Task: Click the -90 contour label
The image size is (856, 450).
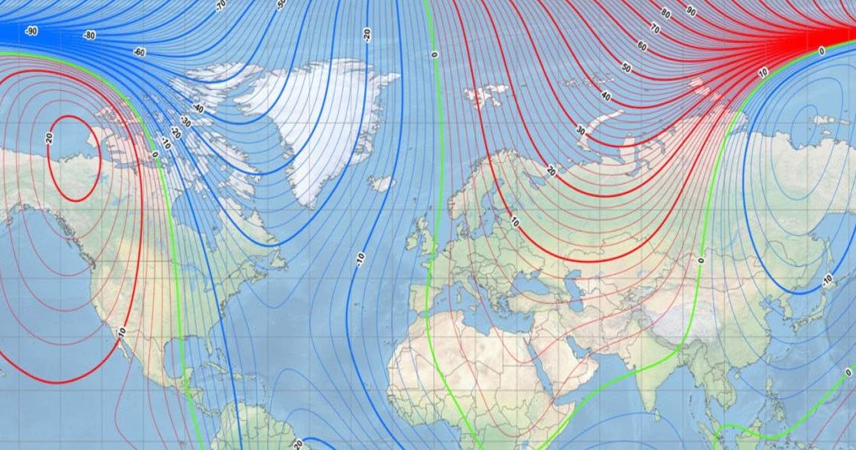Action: click(32, 31)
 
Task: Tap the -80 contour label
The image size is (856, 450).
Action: click(91, 35)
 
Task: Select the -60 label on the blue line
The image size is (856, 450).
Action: click(139, 52)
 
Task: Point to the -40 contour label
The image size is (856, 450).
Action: click(198, 108)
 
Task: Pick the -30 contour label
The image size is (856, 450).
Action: click(185, 122)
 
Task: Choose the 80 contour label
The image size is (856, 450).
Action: click(665, 14)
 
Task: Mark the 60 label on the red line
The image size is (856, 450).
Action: click(642, 46)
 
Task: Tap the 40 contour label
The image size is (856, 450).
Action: click(607, 96)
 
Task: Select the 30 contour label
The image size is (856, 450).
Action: click(581, 131)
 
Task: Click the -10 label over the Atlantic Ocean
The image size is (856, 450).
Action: click(360, 259)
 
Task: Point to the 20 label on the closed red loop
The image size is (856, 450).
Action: click(48, 138)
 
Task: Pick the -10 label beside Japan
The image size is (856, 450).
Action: click(827, 278)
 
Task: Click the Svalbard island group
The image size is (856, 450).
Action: click(486, 96)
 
